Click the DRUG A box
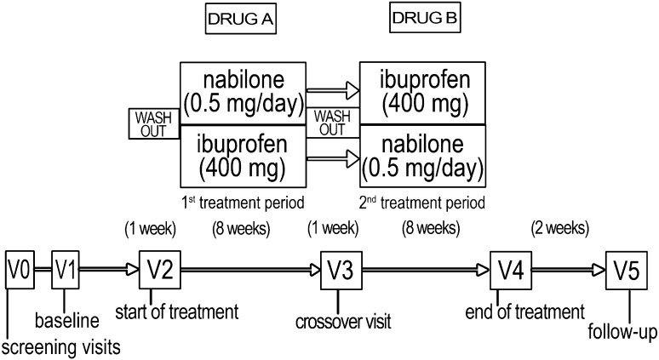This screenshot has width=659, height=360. (240, 19)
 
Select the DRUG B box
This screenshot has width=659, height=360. (425, 18)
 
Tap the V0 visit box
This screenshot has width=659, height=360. (20, 270)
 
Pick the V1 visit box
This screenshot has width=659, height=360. (66, 270)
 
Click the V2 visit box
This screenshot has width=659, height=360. (160, 270)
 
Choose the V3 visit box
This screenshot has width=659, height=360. (341, 271)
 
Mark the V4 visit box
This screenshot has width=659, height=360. (511, 271)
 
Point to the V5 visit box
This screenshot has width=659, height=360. (626, 271)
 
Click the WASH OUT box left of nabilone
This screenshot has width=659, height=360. (154, 124)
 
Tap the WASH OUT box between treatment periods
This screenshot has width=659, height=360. (332, 123)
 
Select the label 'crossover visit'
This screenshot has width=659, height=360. (343, 322)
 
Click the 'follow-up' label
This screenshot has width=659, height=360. (622, 332)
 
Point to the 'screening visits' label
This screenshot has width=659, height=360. (61, 348)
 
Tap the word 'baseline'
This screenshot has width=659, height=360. (66, 321)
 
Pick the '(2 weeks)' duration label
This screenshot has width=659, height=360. (560, 228)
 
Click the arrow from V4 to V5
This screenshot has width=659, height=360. (569, 270)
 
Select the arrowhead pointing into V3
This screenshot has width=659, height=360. (314, 270)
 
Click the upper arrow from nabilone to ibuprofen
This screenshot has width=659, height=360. (333, 90)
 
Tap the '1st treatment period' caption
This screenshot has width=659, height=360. (243, 203)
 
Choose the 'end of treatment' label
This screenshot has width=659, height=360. (525, 312)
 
